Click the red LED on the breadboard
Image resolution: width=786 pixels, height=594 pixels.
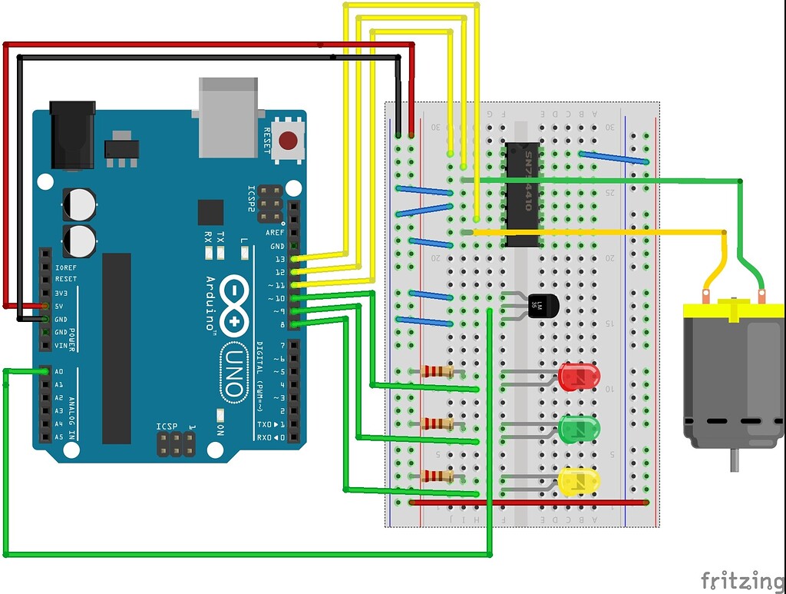point(578,376)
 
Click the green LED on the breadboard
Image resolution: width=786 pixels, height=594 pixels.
point(578,428)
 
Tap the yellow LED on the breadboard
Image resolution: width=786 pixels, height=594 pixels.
point(578,481)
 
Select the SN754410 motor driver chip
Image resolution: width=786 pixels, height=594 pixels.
point(522,194)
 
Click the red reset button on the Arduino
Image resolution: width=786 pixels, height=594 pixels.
point(289,141)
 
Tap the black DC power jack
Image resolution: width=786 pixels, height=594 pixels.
point(72,134)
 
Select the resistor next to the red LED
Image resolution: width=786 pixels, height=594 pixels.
point(438,372)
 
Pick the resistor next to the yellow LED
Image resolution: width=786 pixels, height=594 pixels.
point(438,476)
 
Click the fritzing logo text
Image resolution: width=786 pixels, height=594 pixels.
point(742,579)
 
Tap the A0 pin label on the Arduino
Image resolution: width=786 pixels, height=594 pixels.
point(59,371)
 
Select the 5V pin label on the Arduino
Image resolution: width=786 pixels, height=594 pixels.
point(61,306)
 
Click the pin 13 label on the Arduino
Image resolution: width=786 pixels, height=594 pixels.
point(279,259)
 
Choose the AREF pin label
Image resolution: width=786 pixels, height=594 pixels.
point(275,233)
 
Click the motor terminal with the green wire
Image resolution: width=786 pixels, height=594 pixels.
point(761,294)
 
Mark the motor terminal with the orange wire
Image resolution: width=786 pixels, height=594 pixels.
point(706,294)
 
